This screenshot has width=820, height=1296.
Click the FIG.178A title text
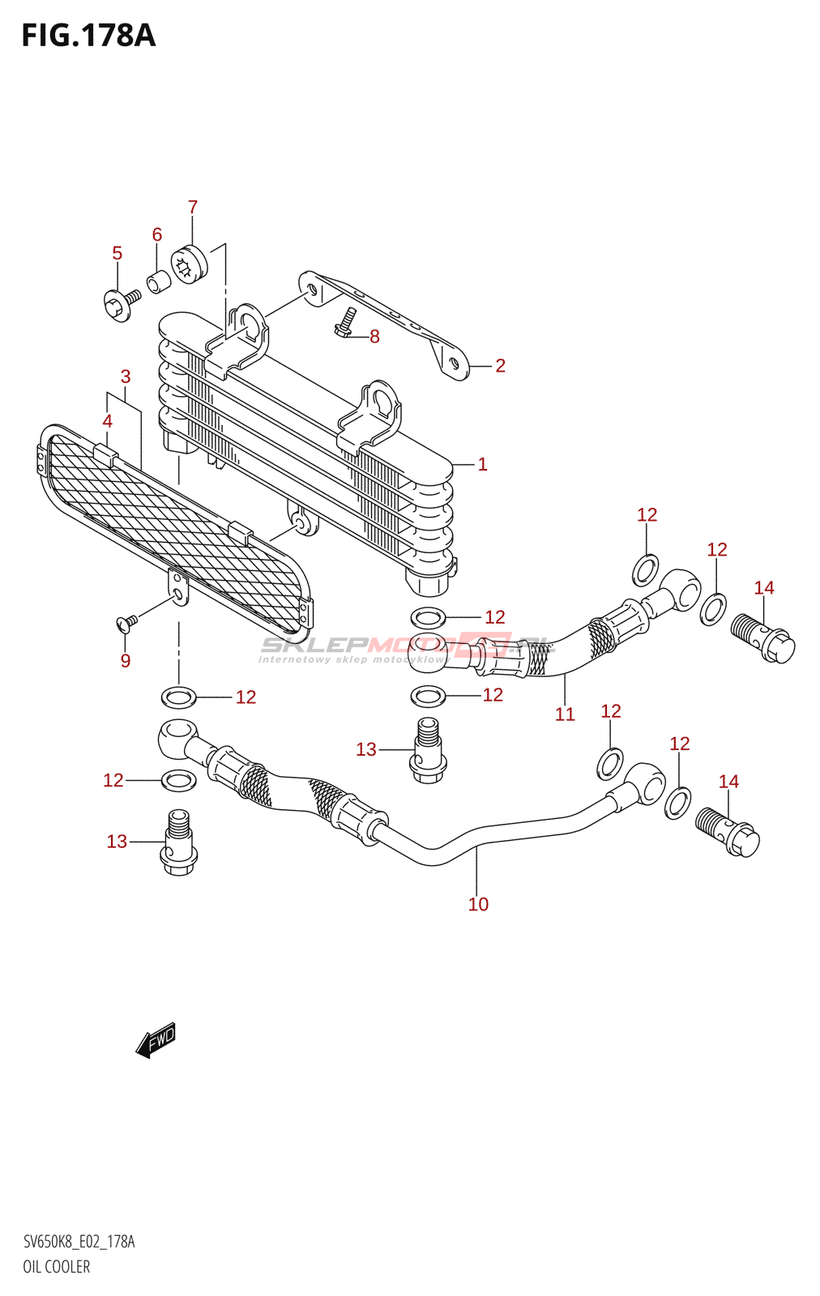coord(88,36)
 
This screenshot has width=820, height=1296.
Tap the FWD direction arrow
coord(156,1040)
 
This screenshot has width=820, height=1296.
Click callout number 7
coord(193,207)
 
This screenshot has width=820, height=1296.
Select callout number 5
coord(117,254)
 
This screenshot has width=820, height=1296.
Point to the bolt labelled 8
coord(344,323)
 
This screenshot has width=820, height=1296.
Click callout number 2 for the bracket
coord(500,366)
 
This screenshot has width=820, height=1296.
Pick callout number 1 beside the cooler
coord(482,465)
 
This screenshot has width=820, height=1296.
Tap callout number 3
coord(126,377)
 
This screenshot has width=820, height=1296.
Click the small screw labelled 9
coord(127,622)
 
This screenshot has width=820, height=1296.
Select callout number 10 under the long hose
coord(478,905)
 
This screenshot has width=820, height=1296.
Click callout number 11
coord(565,714)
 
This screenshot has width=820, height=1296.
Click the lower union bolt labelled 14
coord(727,832)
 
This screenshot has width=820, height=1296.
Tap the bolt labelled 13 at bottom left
coord(179,844)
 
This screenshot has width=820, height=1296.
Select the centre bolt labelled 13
coord(429,751)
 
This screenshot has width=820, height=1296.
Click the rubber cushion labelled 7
coord(189,264)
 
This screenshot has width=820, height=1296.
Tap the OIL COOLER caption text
coord(57,1267)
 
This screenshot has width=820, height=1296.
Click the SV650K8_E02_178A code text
coord(79,1242)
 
